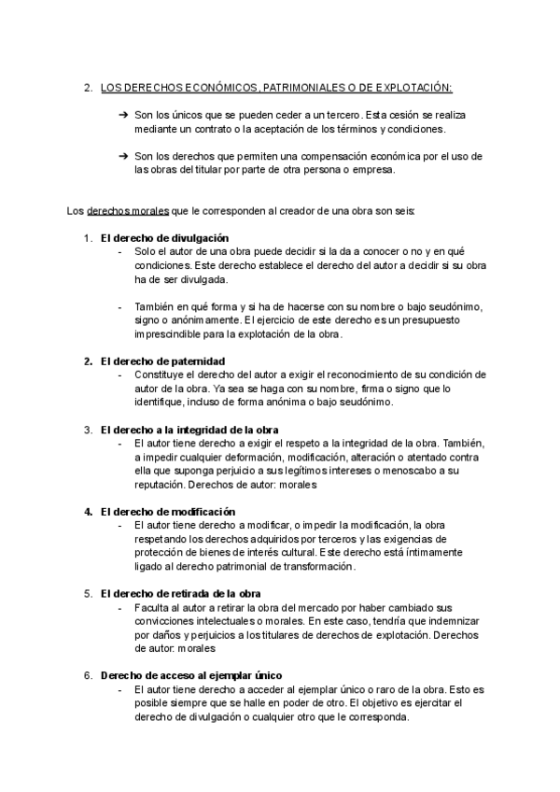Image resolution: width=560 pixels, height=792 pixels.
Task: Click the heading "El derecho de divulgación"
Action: pyautogui.click(x=163, y=238)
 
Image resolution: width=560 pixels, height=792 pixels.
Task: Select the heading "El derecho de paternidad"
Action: pyautogui.click(x=162, y=361)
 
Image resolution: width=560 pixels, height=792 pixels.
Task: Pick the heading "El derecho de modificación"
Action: pyautogui.click(x=167, y=512)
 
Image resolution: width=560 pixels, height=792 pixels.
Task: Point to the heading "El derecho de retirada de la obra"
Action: pyautogui.click(x=180, y=593)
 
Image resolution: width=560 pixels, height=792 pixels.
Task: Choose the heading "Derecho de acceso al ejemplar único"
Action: pyautogui.click(x=190, y=674)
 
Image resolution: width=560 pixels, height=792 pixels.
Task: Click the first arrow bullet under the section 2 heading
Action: pyautogui.click(x=123, y=114)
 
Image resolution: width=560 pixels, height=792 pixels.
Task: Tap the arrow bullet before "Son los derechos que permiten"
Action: pyautogui.click(x=123, y=156)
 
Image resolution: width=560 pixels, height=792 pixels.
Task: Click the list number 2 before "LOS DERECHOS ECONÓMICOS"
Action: pyautogui.click(x=87, y=88)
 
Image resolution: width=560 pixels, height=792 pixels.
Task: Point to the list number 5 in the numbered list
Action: pyautogui.click(x=87, y=593)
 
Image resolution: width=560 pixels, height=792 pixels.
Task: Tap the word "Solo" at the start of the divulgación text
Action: pyautogui.click(x=146, y=252)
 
